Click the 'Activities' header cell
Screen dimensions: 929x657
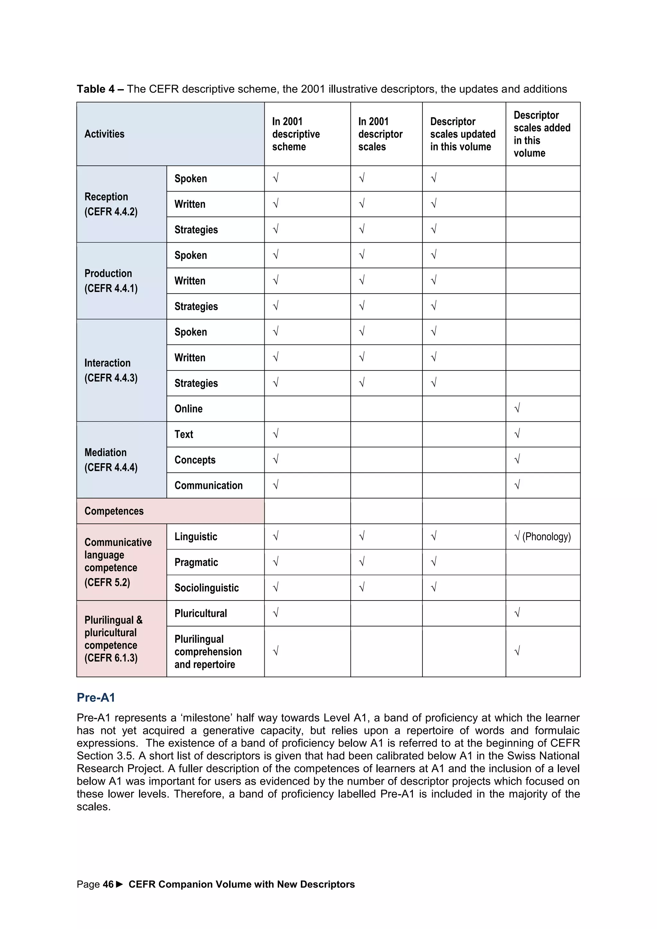(104, 134)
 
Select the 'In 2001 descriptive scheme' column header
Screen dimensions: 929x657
(296, 134)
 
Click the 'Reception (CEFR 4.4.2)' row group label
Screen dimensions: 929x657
(111, 204)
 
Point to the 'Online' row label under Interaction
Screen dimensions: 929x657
(189, 409)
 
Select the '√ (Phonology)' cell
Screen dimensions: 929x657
(542, 537)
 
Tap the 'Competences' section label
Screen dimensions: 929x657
(114, 511)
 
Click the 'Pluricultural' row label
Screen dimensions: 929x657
(201, 613)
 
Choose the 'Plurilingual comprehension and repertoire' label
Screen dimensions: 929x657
(208, 652)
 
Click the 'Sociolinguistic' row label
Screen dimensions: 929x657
(206, 588)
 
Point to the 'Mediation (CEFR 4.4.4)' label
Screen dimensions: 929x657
(111, 460)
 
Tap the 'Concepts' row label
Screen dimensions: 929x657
(195, 460)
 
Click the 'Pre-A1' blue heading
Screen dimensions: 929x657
(96, 698)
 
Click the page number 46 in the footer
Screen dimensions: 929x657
(108, 884)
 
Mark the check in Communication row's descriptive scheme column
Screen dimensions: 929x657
(276, 485)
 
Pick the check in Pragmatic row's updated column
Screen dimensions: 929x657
(433, 562)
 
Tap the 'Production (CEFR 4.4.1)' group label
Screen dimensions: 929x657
(111, 281)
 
